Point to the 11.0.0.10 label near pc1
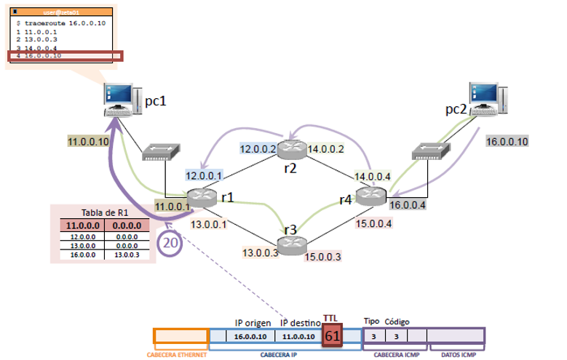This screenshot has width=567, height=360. tap(87, 141)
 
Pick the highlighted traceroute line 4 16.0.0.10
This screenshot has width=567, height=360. tap(66, 55)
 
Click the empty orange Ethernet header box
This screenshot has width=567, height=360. tap(181, 336)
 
